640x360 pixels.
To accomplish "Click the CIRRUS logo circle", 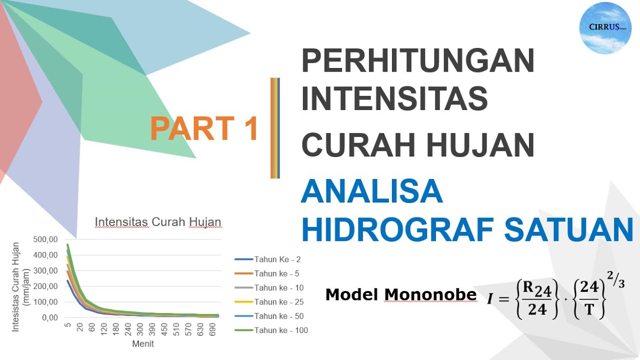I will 605,28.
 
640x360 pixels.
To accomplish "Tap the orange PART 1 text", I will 203,128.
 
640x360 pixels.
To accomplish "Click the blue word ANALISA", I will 371,191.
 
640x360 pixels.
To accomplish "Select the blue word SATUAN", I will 569,229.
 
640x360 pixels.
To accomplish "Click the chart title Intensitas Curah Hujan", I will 158,222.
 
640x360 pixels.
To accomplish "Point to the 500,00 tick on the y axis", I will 45,239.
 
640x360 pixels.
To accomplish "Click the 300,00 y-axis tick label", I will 45,270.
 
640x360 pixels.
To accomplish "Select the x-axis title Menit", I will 143,344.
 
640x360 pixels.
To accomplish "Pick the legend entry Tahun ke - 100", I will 281,330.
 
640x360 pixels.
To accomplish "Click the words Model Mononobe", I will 400,294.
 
